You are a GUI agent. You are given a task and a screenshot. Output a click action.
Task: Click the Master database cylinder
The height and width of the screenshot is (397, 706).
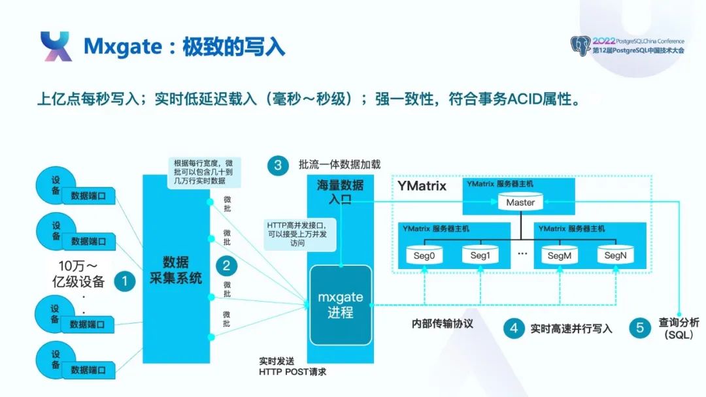[x=520, y=202]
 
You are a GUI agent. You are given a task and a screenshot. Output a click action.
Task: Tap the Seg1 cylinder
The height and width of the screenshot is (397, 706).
[x=480, y=255]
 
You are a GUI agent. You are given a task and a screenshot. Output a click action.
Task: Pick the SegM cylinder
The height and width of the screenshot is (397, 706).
[x=560, y=255]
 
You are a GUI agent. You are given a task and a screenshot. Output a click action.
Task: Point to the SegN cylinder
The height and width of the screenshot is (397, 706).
[x=615, y=255]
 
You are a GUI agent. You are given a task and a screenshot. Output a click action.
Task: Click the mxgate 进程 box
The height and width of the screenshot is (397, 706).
[x=340, y=305]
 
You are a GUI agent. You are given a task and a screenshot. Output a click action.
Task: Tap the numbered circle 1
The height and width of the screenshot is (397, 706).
[x=125, y=281]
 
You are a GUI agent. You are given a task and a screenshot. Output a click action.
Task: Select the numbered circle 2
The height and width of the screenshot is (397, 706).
[x=226, y=265]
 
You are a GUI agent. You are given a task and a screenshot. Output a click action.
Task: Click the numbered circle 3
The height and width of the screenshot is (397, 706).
[x=278, y=165]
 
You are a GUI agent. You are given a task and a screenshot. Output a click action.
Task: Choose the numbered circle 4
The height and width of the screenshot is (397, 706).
[x=514, y=328]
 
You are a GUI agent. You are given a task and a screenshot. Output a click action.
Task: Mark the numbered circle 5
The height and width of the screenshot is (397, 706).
[x=639, y=328]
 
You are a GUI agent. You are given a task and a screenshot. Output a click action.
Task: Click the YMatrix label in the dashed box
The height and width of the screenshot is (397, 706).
[x=422, y=186]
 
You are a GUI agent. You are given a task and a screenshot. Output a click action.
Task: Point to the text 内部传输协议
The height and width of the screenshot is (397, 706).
[x=442, y=323]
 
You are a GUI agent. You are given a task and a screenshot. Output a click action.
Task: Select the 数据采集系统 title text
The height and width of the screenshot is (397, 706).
[x=176, y=270]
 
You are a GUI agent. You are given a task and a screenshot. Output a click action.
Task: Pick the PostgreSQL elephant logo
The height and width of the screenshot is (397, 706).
[x=580, y=46]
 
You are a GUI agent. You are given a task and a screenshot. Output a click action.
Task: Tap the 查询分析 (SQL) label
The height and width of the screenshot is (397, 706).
[x=678, y=328]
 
